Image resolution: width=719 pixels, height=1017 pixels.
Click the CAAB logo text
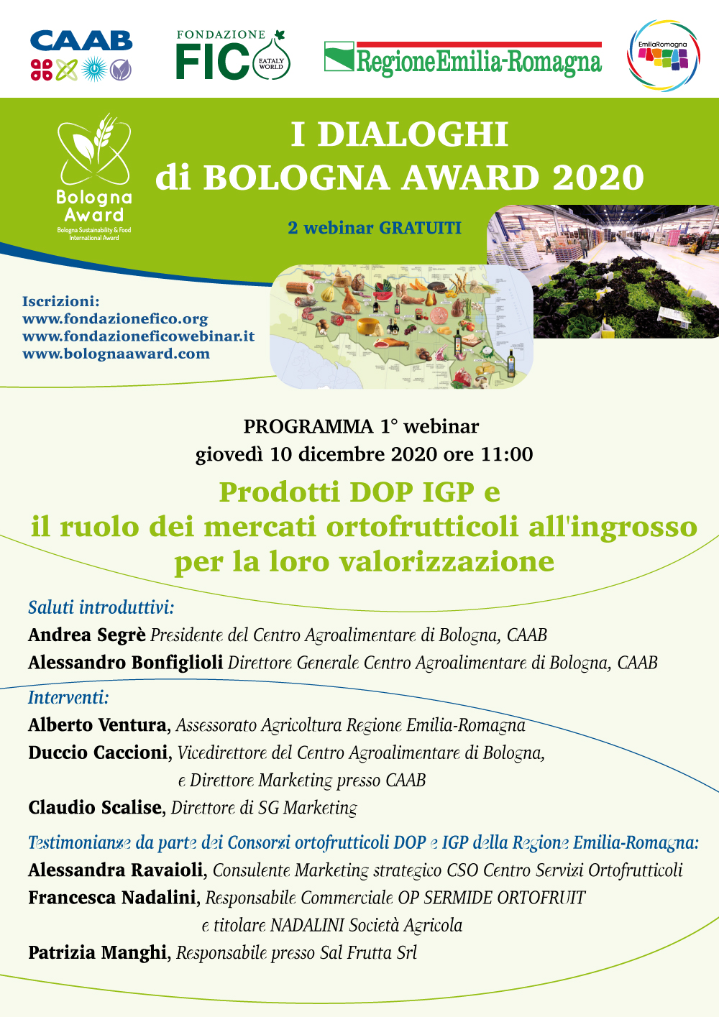click(x=81, y=41)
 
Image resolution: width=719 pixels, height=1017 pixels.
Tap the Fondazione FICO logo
click(x=233, y=55)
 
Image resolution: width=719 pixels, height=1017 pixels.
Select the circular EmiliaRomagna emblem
click(x=663, y=55)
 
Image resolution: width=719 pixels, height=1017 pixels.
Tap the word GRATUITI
click(x=420, y=228)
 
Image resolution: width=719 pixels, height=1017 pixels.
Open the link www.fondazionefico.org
click(x=115, y=319)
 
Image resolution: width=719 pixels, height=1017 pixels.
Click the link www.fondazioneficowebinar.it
click(x=139, y=336)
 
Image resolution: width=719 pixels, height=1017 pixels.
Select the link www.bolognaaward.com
click(x=116, y=354)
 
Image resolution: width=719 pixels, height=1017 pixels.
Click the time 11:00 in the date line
click(x=506, y=454)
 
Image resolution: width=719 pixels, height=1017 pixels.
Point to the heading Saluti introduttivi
click(x=101, y=607)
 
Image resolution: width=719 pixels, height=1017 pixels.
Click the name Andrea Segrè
click(x=87, y=635)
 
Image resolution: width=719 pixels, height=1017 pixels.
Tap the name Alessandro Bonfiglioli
click(x=125, y=663)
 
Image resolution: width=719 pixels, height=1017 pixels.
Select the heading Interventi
click(x=68, y=698)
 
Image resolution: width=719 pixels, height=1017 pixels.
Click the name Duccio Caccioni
click(x=98, y=753)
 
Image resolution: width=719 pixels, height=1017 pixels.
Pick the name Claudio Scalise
click(x=95, y=808)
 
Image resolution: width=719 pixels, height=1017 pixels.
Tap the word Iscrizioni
click(x=61, y=301)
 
